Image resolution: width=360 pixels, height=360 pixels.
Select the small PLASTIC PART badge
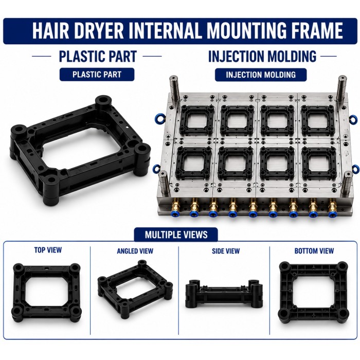click(97, 75)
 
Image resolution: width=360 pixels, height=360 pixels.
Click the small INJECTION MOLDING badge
click(261, 75)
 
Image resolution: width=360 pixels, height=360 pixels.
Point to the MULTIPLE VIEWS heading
click(176, 235)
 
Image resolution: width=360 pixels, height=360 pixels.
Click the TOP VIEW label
click(48, 250)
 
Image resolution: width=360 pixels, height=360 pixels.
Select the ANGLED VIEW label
click(135, 251)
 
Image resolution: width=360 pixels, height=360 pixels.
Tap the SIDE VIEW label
click(226, 251)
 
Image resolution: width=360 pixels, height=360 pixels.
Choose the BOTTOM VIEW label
click(314, 251)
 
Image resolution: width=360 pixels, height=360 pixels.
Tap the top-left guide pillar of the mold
click(175, 88)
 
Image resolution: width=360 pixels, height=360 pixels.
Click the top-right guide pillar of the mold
click(342, 88)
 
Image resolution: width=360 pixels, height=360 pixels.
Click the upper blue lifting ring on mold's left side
click(157, 117)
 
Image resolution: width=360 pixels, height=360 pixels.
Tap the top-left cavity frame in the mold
click(196, 120)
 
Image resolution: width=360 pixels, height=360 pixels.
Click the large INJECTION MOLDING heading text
click(262, 56)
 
